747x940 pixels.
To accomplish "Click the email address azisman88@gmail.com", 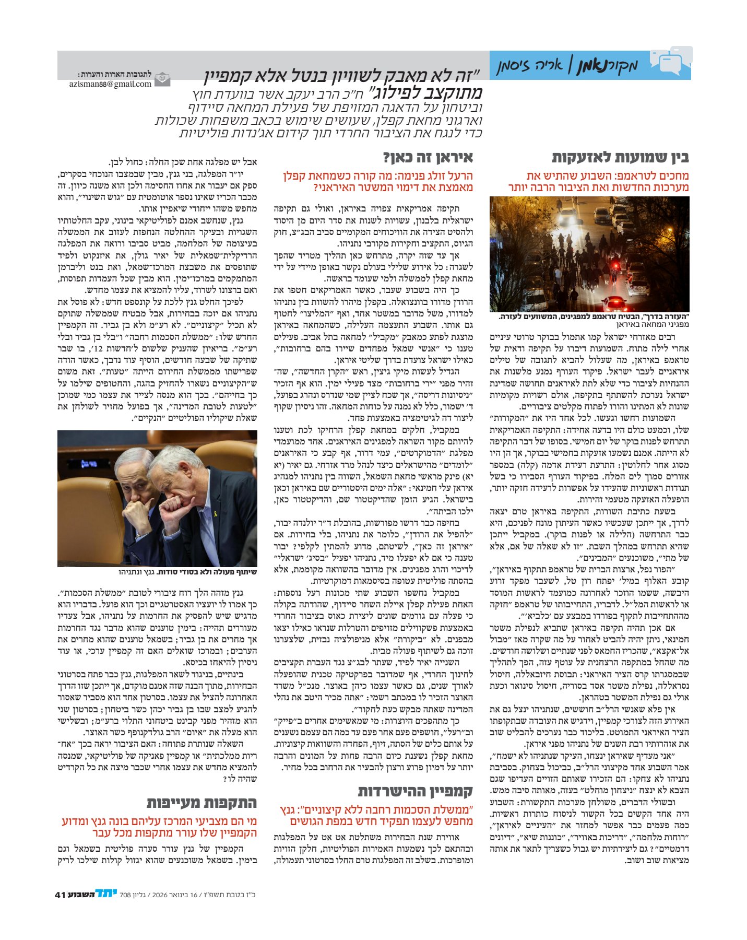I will click(110, 84).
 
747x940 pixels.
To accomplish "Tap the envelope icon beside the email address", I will click(163, 79).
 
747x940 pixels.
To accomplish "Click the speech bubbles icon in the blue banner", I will click(670, 62).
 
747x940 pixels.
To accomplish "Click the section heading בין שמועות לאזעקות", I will click(620, 158).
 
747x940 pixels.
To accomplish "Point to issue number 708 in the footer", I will click(125, 895).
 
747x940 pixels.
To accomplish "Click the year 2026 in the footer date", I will click(159, 895).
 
